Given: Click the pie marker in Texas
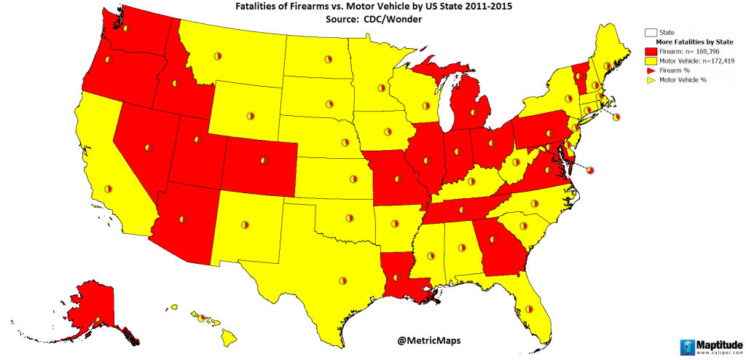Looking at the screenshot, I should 342,279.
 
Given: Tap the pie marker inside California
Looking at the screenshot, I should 107,188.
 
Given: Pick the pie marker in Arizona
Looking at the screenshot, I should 182,218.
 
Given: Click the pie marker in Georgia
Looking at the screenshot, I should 503,246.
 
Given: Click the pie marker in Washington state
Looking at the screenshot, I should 125,29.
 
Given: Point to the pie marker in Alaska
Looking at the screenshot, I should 98,319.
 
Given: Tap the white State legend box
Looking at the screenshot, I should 650,33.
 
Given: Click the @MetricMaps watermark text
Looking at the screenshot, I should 429,340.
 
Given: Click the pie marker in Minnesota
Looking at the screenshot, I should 380,88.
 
